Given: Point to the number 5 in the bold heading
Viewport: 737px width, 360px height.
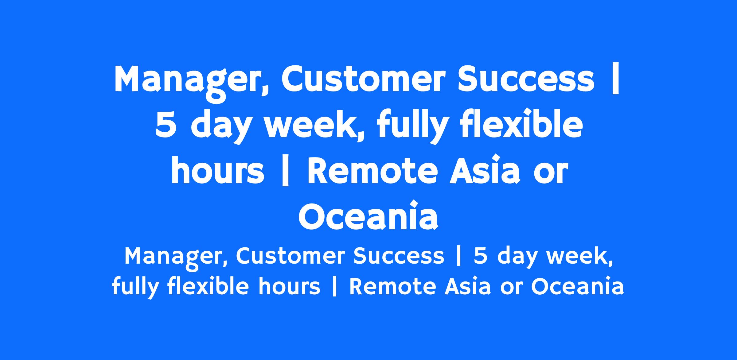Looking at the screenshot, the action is pos(166,126).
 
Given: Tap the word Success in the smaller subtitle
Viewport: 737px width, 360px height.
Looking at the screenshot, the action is pos(399,256).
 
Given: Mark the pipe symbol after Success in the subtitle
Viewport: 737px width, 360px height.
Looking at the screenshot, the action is pos(459,256).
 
